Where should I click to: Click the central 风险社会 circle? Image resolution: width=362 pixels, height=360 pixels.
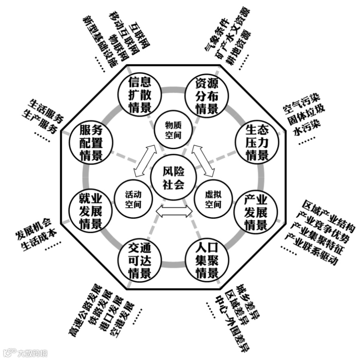[x=173, y=178]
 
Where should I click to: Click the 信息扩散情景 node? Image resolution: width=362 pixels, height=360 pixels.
[x=140, y=95]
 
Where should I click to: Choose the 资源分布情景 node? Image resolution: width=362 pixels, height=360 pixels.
[x=207, y=95]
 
